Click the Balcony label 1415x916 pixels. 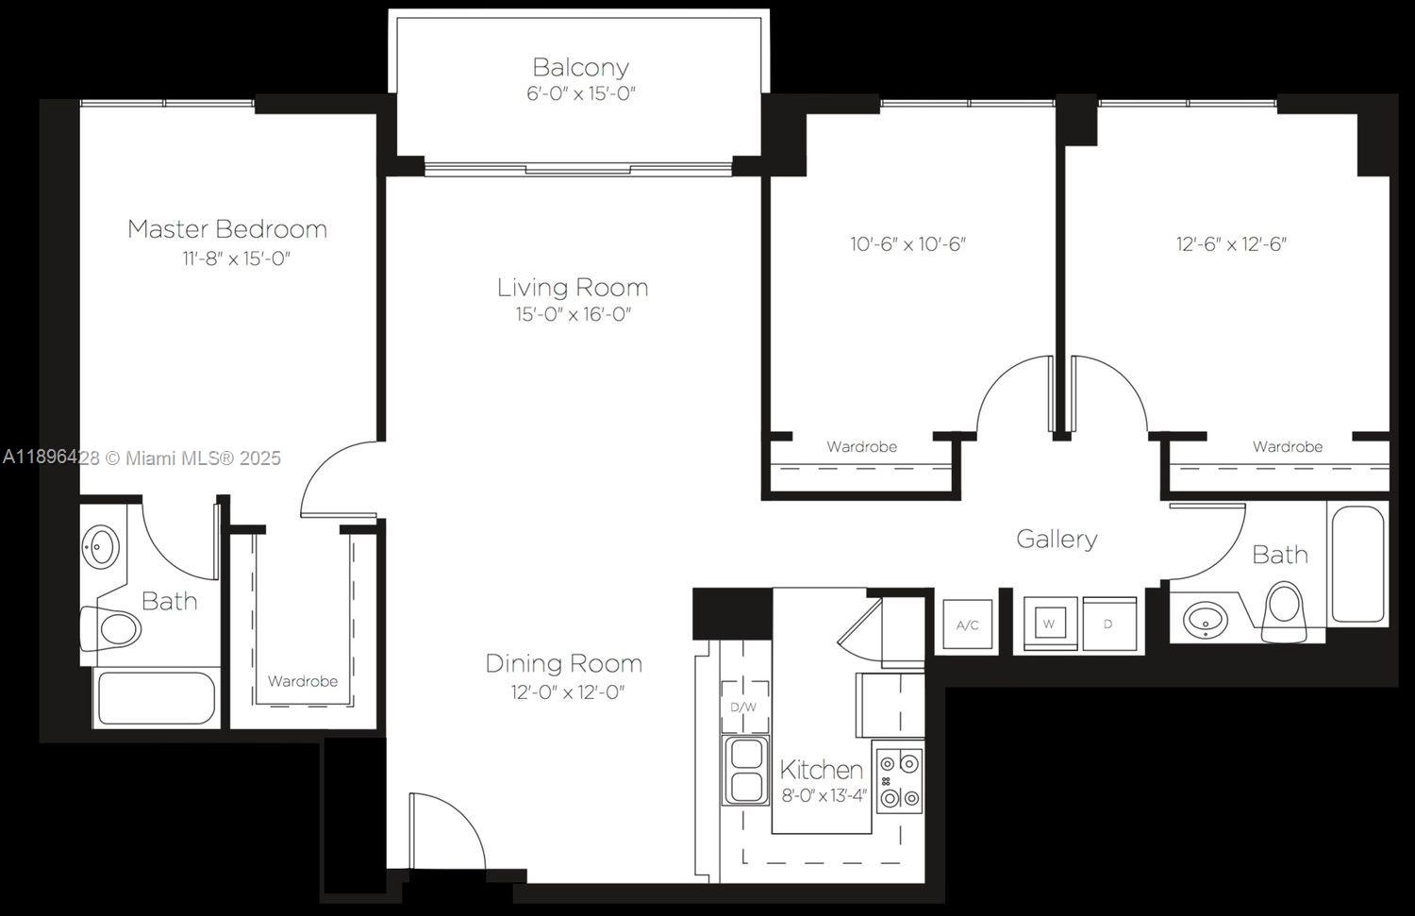(580, 68)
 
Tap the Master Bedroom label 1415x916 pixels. (227, 229)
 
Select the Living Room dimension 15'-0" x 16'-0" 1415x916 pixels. (573, 315)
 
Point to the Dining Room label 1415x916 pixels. (563, 663)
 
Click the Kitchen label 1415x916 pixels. (821, 770)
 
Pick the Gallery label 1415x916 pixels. (1057, 540)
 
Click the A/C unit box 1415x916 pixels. (968, 625)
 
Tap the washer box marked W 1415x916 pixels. (1049, 624)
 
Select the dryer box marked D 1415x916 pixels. (1108, 624)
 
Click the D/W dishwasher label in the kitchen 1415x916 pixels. (743, 708)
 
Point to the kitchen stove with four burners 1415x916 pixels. (898, 780)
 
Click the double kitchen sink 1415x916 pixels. (746, 771)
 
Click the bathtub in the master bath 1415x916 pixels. (157, 698)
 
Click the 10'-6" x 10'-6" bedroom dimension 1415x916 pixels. (907, 244)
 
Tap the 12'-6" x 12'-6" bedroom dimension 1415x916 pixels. (1231, 244)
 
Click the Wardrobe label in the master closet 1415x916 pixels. (302, 681)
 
